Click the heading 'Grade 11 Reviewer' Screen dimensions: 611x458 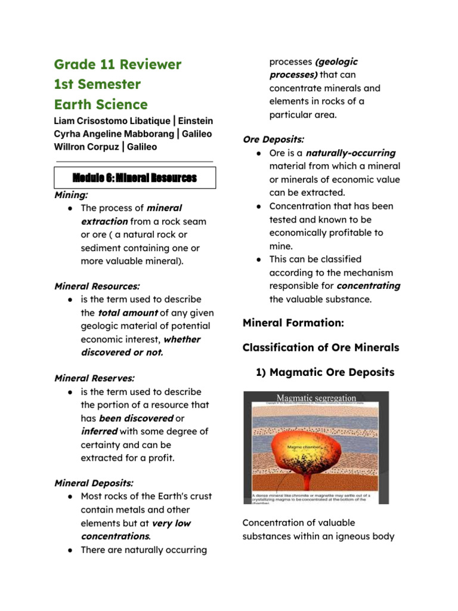pyautogui.click(x=117, y=64)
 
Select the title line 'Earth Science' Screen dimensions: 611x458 pyautogui.click(x=100, y=104)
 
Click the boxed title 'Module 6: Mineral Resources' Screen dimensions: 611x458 pyautogui.click(x=134, y=178)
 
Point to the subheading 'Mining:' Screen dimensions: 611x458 pyautogui.click(x=70, y=195)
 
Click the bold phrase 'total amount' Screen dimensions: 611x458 pyautogui.click(x=128, y=313)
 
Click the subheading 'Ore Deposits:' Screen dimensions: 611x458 pyautogui.click(x=273, y=139)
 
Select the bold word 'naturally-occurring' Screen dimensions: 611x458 pyautogui.click(x=350, y=153)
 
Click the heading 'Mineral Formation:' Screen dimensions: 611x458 pyautogui.click(x=293, y=323)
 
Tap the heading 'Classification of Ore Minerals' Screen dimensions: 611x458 pyautogui.click(x=320, y=347)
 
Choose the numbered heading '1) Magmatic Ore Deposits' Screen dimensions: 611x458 pyautogui.click(x=324, y=372)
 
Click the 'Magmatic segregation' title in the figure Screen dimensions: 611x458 pyautogui.click(x=315, y=397)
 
